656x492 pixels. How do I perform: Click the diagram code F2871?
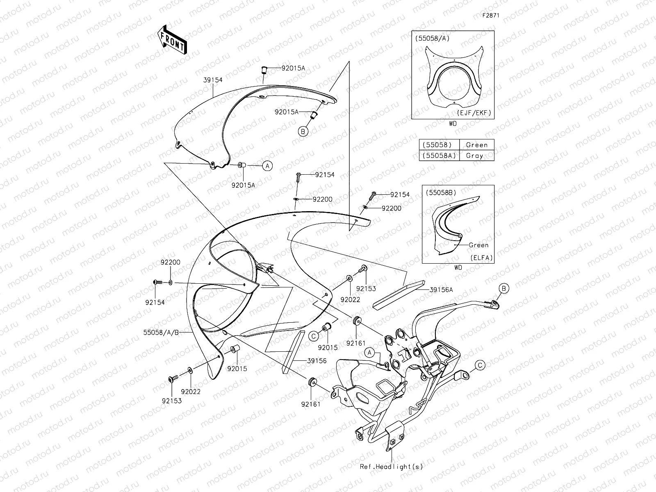491,15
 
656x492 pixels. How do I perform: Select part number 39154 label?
213,80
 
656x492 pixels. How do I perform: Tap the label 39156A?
441,290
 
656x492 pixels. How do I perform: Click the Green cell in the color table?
477,145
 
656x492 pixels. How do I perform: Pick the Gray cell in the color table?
474,156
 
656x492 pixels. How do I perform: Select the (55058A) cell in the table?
438,156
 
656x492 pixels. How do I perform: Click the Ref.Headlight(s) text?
391,466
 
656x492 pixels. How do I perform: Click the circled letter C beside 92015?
313,336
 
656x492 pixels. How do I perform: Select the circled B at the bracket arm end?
504,289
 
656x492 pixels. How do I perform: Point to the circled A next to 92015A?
267,166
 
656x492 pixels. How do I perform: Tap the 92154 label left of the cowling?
155,303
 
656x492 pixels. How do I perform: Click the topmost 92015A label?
293,68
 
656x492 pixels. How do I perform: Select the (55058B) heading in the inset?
440,192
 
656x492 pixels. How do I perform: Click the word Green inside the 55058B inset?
478,245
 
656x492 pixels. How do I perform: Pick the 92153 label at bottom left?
172,401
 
